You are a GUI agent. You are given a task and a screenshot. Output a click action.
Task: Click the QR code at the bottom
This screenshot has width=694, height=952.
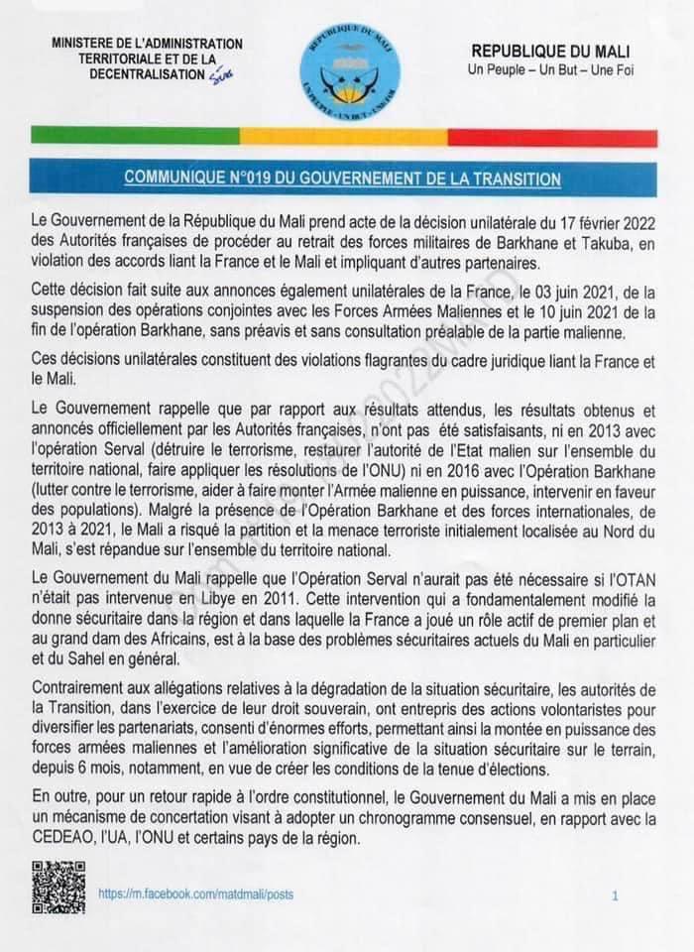tap(58, 887)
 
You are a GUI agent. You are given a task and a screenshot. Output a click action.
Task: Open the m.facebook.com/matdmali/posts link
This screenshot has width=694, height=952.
tap(195, 894)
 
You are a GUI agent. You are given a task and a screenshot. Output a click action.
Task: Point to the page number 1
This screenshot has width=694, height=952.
tap(616, 895)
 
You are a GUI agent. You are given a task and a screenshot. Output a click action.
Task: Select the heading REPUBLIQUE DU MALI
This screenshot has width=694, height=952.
tap(550, 51)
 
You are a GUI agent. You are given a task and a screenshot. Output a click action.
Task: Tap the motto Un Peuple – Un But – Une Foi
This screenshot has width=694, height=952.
tap(550, 69)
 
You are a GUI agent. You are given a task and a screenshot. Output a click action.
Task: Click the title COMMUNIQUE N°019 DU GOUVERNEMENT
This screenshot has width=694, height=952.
tap(343, 178)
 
